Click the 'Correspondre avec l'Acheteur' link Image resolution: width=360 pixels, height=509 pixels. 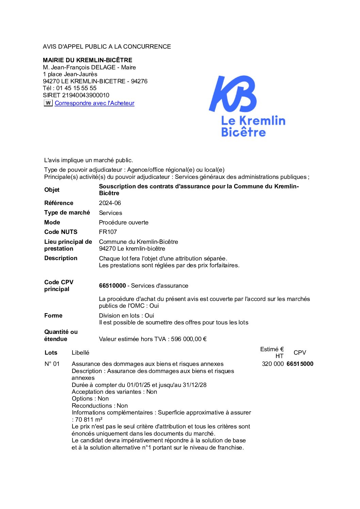pyautogui.click(x=94, y=103)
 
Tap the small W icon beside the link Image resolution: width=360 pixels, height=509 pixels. pyautogui.click(x=48, y=103)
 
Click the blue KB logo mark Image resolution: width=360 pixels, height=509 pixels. pyautogui.click(x=233, y=94)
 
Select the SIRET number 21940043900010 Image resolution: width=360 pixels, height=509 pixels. pyautogui.click(x=86, y=95)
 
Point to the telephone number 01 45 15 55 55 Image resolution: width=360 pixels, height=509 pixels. pyautogui.click(x=77, y=88)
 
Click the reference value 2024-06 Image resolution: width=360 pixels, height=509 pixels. pyautogui.click(x=110, y=203)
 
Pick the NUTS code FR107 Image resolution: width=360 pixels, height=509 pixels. pyautogui.click(x=108, y=232)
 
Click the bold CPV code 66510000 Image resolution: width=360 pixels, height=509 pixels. pyautogui.click(x=112, y=286)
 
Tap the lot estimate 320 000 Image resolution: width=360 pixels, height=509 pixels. pyautogui.click(x=273, y=364)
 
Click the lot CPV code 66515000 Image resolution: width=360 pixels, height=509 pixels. pyautogui.click(x=300, y=364)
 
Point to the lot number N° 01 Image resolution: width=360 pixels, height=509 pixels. pyautogui.click(x=52, y=364)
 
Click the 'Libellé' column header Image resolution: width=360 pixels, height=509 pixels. pyautogui.click(x=80, y=353)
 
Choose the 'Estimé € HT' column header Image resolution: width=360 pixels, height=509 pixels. pyautogui.click(x=272, y=353)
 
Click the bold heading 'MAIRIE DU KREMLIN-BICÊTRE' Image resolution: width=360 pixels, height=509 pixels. pyautogui.click(x=87, y=60)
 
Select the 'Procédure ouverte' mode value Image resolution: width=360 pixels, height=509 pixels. pyautogui.click(x=124, y=222)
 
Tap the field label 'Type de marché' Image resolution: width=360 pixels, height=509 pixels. pyautogui.click(x=67, y=213)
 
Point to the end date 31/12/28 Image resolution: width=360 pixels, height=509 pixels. pyautogui.click(x=195, y=385)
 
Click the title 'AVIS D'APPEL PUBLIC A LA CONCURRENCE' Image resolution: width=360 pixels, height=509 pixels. pyautogui.click(x=107, y=47)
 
